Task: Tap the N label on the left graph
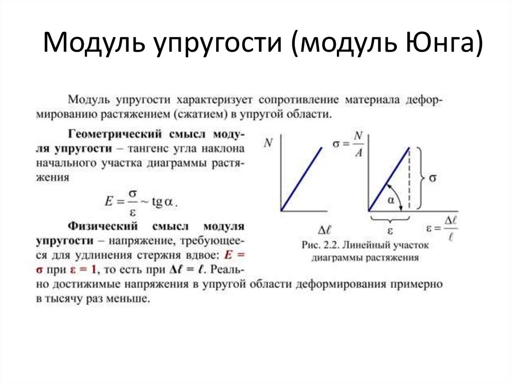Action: point(268,143)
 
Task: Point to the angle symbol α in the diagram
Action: point(391,200)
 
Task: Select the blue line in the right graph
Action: point(388,180)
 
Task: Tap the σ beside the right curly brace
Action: point(432,178)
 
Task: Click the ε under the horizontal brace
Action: point(390,231)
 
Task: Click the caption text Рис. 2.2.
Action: point(319,245)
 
